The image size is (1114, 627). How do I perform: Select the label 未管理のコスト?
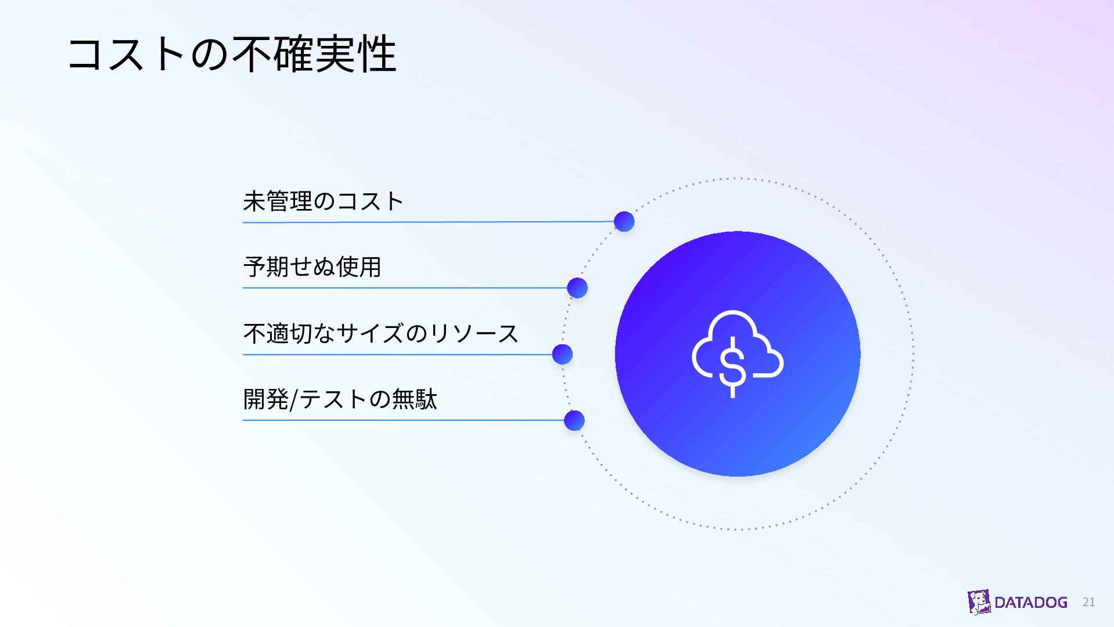point(324,201)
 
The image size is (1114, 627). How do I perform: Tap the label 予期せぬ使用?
point(312,267)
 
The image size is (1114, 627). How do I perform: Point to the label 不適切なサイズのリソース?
point(381,333)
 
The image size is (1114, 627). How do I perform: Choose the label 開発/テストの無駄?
point(340,399)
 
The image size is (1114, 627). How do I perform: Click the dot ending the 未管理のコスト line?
point(624,221)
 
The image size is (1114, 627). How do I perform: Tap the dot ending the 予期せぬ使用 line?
point(577,287)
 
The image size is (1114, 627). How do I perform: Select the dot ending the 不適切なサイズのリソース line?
point(562,354)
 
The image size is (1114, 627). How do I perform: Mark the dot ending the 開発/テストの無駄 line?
point(574,420)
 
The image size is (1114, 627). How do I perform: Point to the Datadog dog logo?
point(979,602)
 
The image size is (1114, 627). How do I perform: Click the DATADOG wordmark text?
point(1031,603)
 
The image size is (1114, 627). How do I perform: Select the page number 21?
point(1089,602)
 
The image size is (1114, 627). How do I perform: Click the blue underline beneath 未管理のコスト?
point(429,222)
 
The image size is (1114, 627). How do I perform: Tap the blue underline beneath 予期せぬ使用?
point(405,287)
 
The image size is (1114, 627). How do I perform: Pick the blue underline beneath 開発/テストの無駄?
point(404,420)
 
